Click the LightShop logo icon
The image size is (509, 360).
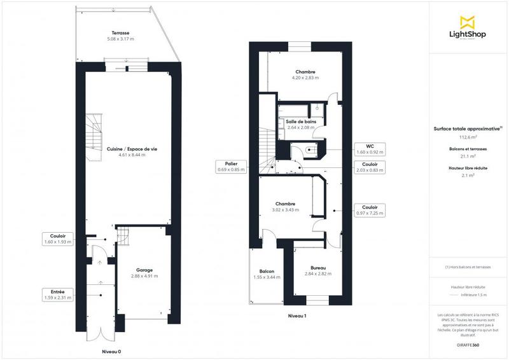(x=468, y=22)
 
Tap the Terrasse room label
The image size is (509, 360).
(x=120, y=35)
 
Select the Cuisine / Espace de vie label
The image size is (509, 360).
(x=132, y=151)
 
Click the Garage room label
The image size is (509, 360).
(x=144, y=273)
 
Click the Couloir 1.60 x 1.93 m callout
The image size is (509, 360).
(x=58, y=239)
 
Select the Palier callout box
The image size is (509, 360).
(x=231, y=167)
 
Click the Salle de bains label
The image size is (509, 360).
(x=301, y=124)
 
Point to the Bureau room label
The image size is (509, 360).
(x=318, y=271)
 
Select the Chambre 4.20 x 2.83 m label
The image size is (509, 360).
(x=305, y=75)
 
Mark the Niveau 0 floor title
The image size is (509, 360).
(x=111, y=351)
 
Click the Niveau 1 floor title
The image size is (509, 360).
(x=297, y=315)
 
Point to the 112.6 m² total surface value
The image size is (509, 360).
(x=469, y=137)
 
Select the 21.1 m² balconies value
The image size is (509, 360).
(x=469, y=156)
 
